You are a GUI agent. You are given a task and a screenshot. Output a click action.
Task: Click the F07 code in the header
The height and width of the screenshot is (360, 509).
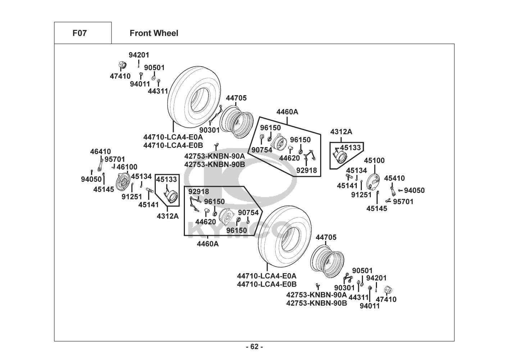79,33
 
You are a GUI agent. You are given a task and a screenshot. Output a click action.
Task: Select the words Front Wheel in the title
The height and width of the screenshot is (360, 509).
154,33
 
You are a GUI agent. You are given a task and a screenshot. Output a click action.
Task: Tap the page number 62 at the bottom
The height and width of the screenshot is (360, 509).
254,347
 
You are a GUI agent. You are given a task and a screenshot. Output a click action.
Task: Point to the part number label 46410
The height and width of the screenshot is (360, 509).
100,152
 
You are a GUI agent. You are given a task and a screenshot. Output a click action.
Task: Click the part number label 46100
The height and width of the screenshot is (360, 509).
127,167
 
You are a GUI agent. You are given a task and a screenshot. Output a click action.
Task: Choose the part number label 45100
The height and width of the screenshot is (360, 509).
374,161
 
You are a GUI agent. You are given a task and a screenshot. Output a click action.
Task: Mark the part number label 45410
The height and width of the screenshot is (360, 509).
394,178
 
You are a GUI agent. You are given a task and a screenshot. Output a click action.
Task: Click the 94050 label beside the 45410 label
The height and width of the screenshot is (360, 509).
414,191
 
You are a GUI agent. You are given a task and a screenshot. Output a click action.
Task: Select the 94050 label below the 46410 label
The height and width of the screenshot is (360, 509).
91,179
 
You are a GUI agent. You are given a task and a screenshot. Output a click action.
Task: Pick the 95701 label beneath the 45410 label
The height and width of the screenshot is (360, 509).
403,202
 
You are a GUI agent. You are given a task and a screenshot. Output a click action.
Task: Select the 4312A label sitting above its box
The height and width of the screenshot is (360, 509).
341,132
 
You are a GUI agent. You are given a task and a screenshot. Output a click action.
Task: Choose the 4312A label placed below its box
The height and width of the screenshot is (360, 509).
168,216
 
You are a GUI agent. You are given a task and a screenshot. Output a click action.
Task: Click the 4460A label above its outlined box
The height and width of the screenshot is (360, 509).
287,112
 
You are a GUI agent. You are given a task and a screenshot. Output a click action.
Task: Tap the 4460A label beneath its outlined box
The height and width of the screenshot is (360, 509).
208,244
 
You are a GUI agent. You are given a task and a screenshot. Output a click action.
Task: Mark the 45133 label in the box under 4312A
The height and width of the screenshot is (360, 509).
350,148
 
